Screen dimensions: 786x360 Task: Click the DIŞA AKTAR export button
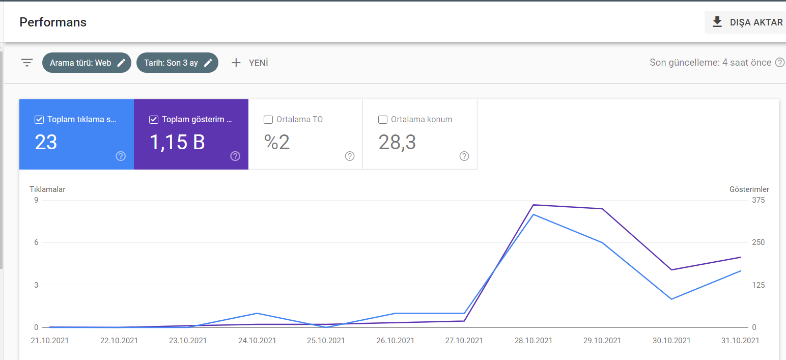[746, 22]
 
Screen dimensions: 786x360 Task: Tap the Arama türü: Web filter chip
[87, 63]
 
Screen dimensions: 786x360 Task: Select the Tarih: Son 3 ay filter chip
[177, 63]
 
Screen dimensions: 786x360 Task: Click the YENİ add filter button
[250, 63]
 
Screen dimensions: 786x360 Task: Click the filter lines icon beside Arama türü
[27, 63]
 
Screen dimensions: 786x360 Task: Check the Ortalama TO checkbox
[268, 120]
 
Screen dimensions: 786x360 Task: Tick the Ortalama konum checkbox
[382, 120]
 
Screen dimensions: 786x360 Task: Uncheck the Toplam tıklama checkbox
[39, 120]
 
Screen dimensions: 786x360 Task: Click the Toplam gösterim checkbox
[154, 120]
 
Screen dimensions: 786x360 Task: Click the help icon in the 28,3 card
[464, 156]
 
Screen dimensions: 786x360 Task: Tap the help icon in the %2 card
[350, 156]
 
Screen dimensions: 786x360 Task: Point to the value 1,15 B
[177, 142]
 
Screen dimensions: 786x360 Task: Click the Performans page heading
[53, 22]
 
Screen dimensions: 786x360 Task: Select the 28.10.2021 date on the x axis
[534, 340]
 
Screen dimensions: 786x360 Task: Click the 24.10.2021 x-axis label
[257, 340]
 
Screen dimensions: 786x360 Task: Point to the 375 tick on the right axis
[759, 200]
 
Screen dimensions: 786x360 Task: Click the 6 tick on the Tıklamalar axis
[36, 242]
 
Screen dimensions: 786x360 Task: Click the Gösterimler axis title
[749, 189]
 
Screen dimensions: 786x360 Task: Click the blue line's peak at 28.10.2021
[534, 214]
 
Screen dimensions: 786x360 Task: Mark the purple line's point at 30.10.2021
[671, 270]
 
